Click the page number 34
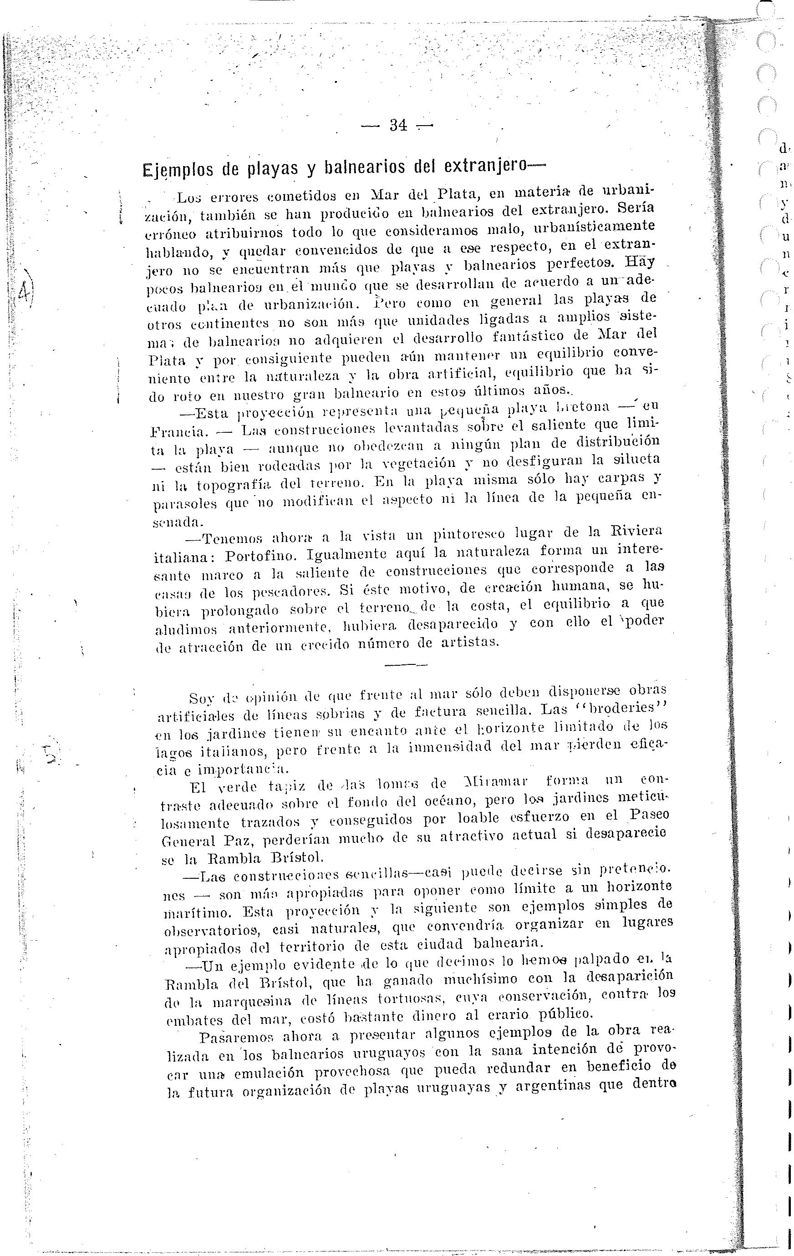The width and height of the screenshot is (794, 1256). point(398,126)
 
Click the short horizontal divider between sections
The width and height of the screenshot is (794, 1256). point(405,665)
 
